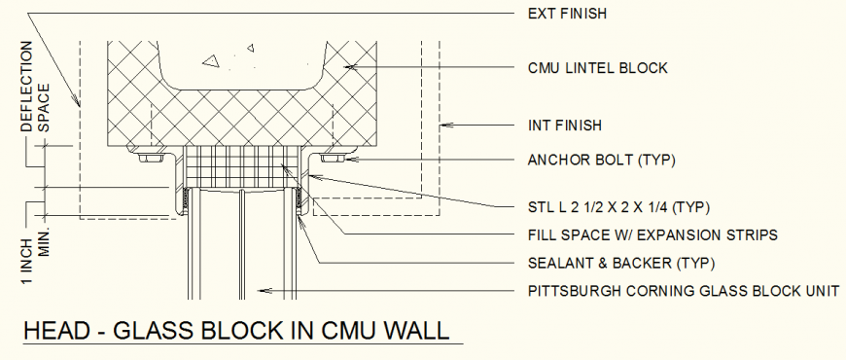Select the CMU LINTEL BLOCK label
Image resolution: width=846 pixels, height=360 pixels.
(x=597, y=68)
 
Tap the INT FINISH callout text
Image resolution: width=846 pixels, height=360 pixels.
(x=565, y=126)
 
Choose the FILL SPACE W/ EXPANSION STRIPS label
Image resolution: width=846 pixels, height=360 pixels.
(x=652, y=234)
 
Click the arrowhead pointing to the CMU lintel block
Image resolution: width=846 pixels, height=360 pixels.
(x=346, y=67)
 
